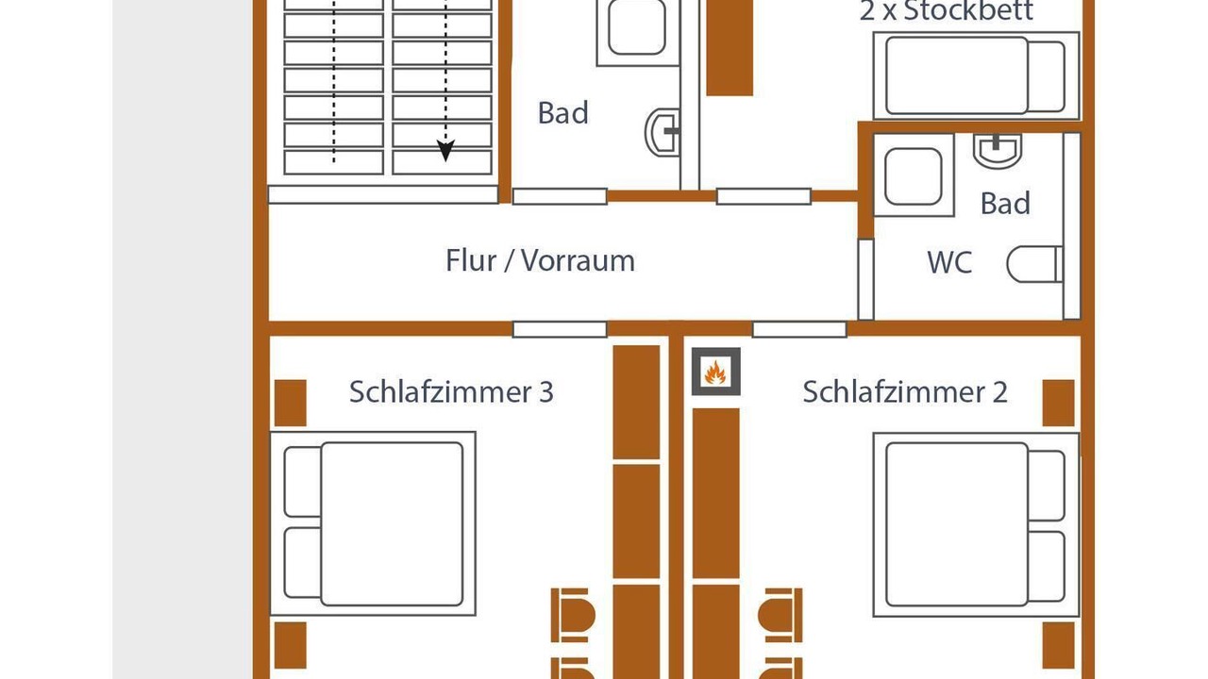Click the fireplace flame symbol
tap(715, 372)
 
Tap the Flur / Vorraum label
tap(540, 261)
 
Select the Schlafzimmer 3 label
tap(451, 391)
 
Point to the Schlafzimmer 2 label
tap(904, 391)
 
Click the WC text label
tap(949, 262)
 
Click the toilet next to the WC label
tap(1035, 264)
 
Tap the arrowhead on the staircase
tap(445, 150)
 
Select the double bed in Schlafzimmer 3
tap(373, 523)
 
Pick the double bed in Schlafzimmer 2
tap(976, 524)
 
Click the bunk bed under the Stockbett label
tap(976, 75)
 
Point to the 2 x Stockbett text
tap(946, 10)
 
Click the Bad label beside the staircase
tap(562, 113)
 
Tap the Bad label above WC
tap(1005, 204)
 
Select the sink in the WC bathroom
tap(998, 150)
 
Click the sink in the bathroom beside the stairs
tap(663, 132)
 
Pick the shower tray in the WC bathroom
tap(914, 175)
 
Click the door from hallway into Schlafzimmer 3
tap(560, 329)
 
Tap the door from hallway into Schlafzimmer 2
tap(799, 329)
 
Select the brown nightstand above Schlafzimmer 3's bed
tap(291, 403)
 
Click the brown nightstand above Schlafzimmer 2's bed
tap(1058, 403)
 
